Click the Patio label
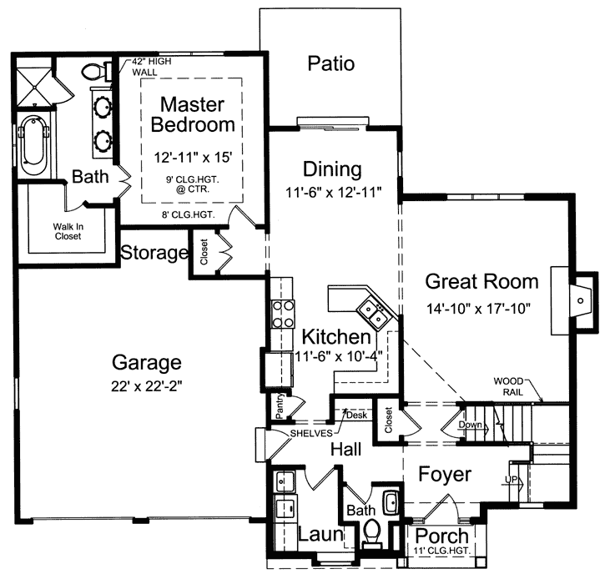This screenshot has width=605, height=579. point(331,64)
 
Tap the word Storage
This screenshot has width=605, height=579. point(153,253)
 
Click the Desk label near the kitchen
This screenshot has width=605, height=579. point(357,415)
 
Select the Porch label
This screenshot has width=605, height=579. point(441,535)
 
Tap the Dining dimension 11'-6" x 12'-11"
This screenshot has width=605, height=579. point(332,192)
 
